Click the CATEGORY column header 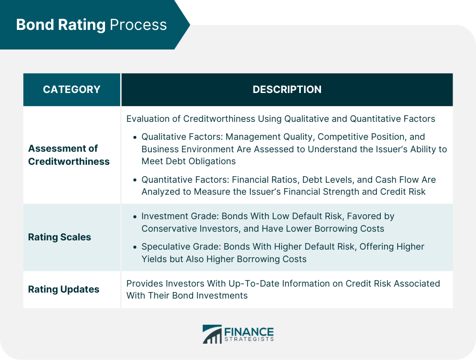tap(71, 90)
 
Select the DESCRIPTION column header tap(287, 90)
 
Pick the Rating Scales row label tap(59, 237)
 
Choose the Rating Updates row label tap(64, 289)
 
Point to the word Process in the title tap(138, 25)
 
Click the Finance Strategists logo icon tap(212, 334)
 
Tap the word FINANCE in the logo tap(249, 331)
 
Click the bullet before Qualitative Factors tap(134, 137)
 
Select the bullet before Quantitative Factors tap(134, 180)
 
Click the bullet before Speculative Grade tap(134, 247)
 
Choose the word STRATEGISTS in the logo tap(249, 340)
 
